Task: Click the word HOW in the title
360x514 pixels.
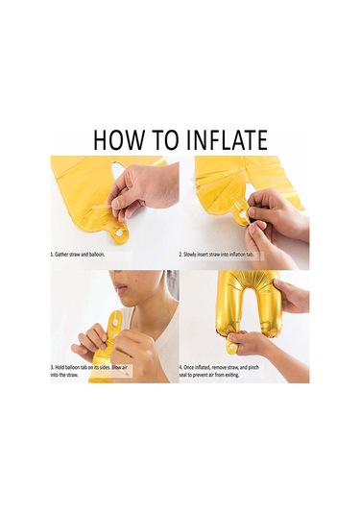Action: [x=118, y=140]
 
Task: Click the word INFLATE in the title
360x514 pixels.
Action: [x=227, y=140]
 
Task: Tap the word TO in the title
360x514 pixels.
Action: [x=165, y=140]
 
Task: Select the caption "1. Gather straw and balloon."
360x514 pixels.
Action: [x=78, y=255]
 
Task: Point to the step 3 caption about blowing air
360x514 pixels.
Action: [x=88, y=371]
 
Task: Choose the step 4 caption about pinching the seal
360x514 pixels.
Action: [x=219, y=371]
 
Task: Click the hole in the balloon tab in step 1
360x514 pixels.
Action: [x=119, y=233]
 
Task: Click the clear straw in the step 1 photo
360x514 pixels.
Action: [x=105, y=208]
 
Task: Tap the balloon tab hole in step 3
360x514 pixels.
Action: [x=115, y=323]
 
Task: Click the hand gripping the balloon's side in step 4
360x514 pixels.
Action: [x=292, y=296]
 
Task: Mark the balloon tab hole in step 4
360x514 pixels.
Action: [x=232, y=347]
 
